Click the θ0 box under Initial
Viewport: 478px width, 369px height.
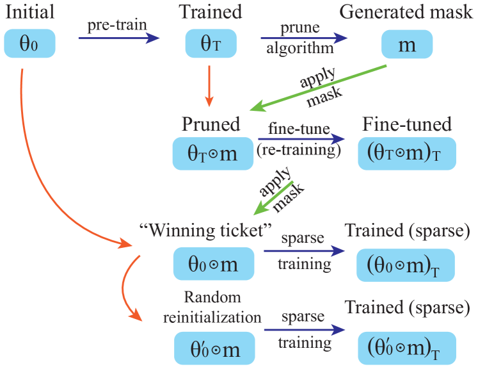point(29,44)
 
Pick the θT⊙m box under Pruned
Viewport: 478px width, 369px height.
point(213,154)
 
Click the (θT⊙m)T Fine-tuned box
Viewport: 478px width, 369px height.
point(405,154)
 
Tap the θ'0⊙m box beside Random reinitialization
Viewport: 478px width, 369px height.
point(213,349)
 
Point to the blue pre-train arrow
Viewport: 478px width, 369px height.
point(118,38)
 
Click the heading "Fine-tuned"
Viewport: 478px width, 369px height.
point(406,124)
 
